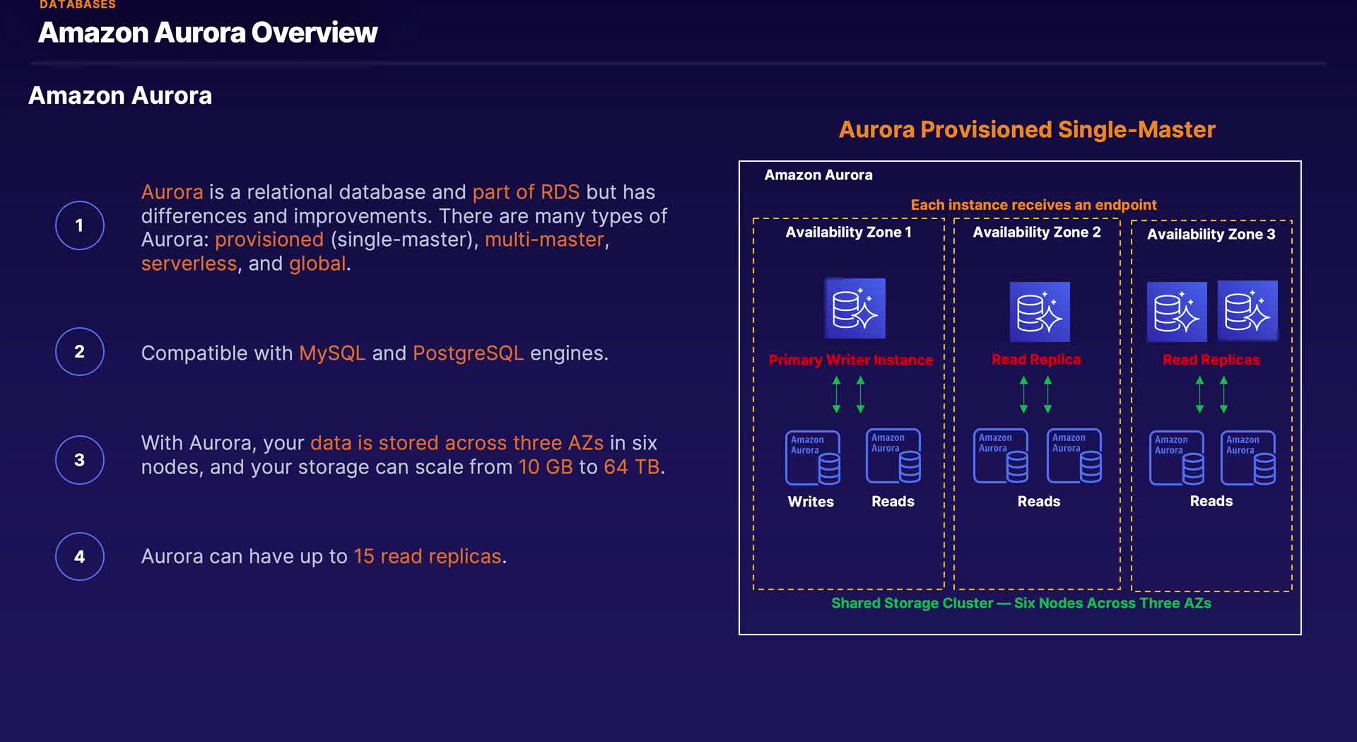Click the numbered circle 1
pyautogui.click(x=80, y=225)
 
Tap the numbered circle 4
pyautogui.click(x=80, y=556)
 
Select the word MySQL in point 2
pyautogui.click(x=332, y=353)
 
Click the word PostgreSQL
pyautogui.click(x=468, y=353)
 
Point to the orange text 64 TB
pyautogui.click(x=631, y=467)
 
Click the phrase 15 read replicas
pyautogui.click(x=427, y=556)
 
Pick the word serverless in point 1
pyautogui.click(x=189, y=264)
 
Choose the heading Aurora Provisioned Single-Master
pyautogui.click(x=1026, y=129)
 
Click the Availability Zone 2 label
pyautogui.click(x=1036, y=232)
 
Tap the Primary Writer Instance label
pyautogui.click(x=850, y=360)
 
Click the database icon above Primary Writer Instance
pyautogui.click(x=854, y=308)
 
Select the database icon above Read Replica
pyautogui.click(x=1039, y=312)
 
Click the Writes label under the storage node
pyautogui.click(x=811, y=501)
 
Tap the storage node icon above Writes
pyautogui.click(x=813, y=458)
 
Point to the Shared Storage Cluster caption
pyautogui.click(x=1021, y=603)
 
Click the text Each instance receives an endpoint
pyautogui.click(x=1033, y=205)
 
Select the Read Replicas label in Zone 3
pyautogui.click(x=1211, y=360)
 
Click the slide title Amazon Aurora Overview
pyautogui.click(x=208, y=33)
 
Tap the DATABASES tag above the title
pyautogui.click(x=78, y=5)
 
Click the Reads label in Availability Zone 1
pyautogui.click(x=893, y=501)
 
